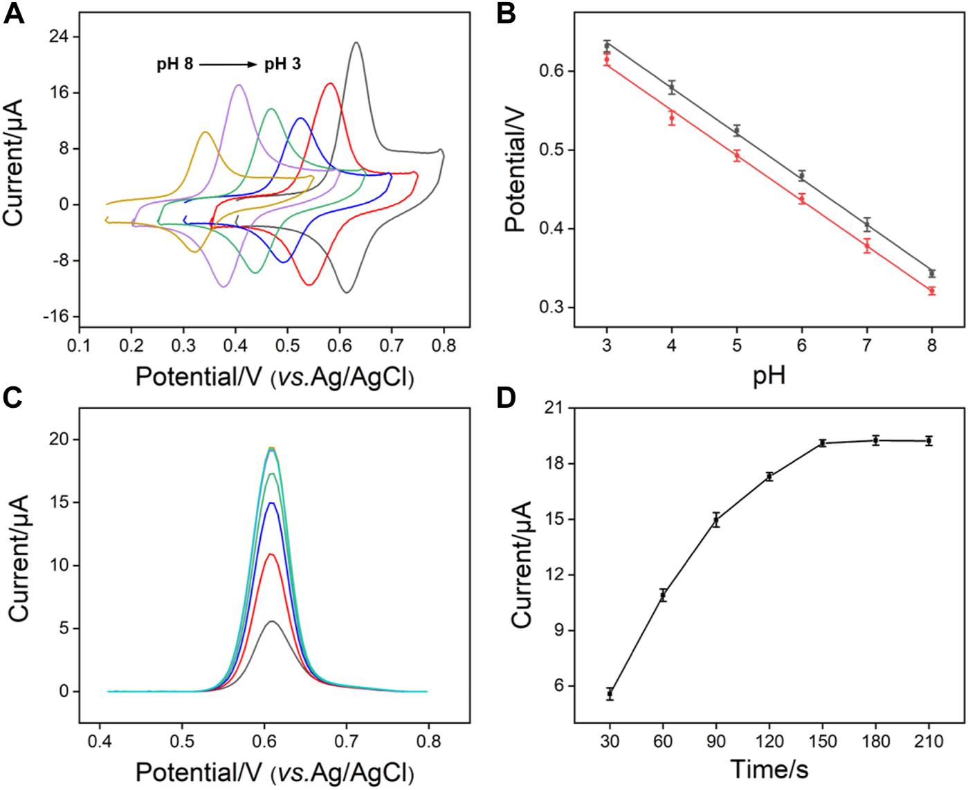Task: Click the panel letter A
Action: point(14,13)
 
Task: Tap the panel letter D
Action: point(506,399)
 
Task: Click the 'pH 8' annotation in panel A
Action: point(174,64)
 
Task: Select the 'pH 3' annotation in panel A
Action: point(282,64)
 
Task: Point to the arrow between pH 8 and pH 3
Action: point(228,64)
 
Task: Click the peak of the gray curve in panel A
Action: point(356,42)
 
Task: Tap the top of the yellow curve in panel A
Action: point(205,132)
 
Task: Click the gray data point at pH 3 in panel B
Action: point(607,46)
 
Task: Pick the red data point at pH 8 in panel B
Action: point(932,291)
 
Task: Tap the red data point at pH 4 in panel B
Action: point(672,118)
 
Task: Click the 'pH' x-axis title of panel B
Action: point(769,376)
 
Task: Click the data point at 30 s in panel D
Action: point(610,693)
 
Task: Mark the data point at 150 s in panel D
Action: point(823,442)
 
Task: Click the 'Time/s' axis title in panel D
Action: point(769,769)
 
